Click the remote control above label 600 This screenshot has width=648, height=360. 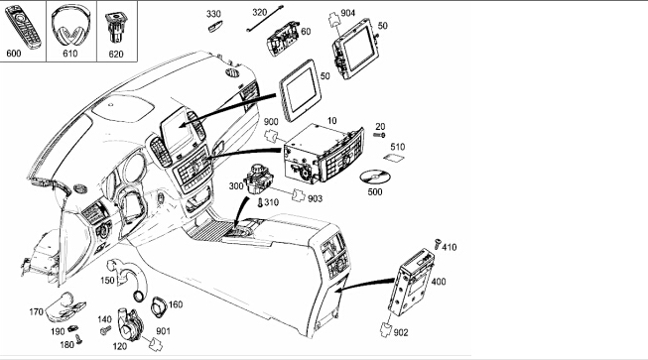point(23,26)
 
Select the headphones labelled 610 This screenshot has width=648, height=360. point(70,26)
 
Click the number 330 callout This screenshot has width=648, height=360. point(213,14)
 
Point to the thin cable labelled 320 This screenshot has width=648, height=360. point(265,19)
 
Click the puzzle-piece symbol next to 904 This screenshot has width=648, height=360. point(333,20)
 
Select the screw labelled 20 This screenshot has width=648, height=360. point(379,135)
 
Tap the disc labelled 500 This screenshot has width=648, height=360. point(375,178)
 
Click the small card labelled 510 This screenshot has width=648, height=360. point(394,158)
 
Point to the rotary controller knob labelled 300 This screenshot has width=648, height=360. point(258,178)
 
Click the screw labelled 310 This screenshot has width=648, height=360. point(260,202)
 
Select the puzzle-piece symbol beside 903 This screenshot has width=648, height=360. point(299,195)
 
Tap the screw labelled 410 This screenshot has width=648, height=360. point(438,244)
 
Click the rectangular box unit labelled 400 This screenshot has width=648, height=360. point(411,282)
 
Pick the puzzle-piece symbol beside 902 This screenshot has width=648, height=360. point(386,329)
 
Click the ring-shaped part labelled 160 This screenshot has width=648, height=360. point(159,307)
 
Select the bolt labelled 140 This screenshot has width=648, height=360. point(106,330)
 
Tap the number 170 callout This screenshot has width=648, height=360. point(36,311)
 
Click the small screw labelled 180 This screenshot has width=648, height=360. point(78,339)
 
